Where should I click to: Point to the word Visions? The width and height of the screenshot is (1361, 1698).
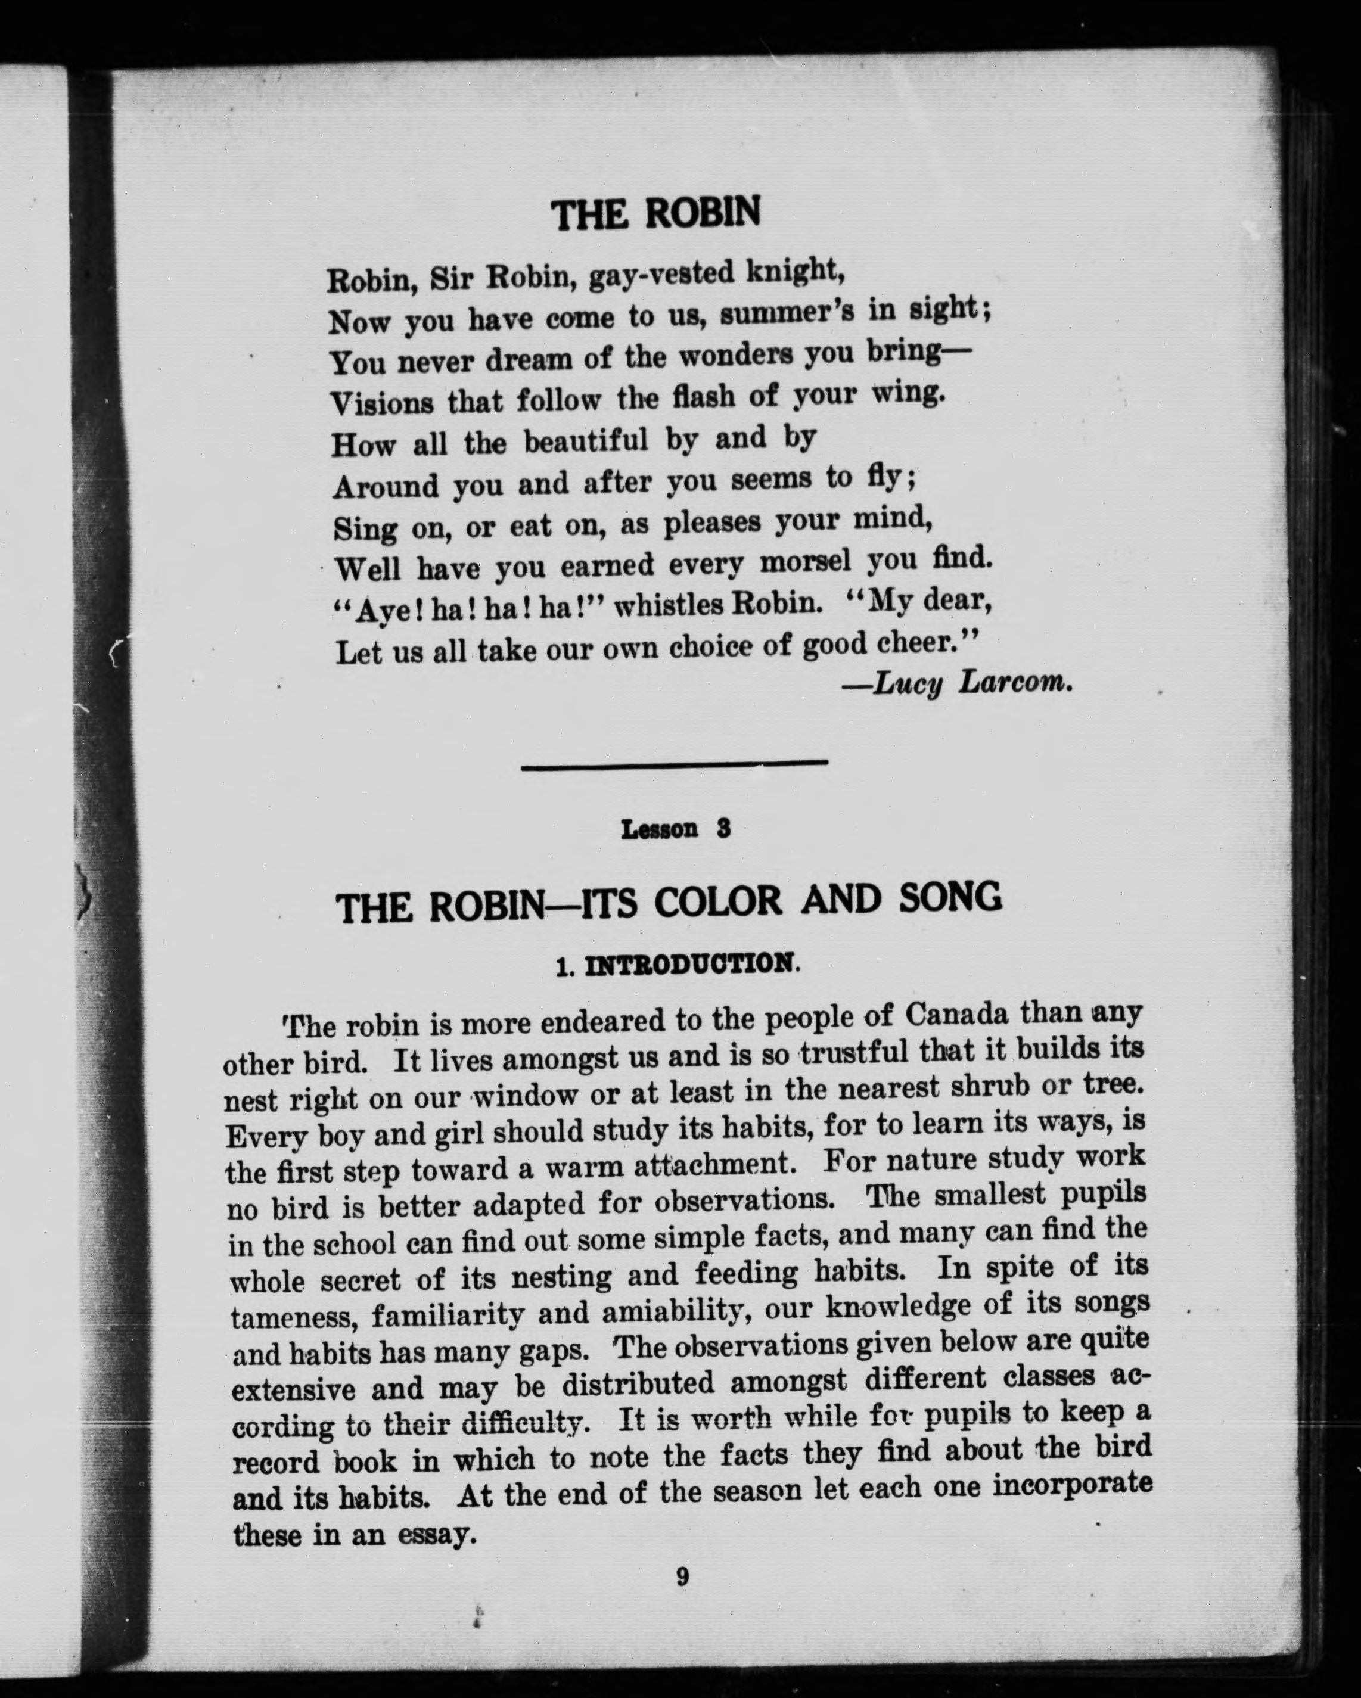382,403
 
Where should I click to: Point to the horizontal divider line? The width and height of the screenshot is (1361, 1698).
674,763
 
